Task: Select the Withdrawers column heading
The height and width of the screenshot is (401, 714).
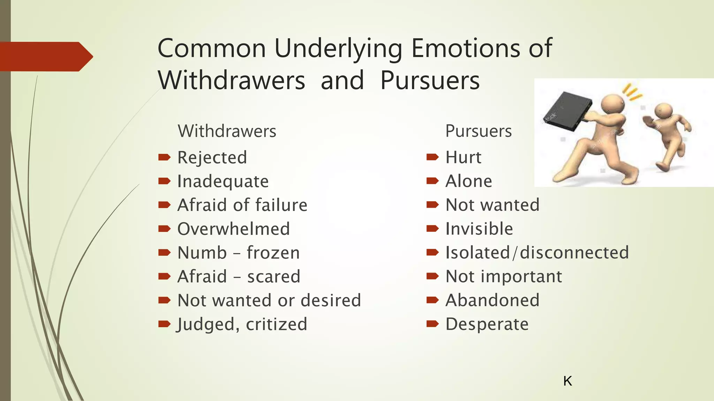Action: [x=227, y=131]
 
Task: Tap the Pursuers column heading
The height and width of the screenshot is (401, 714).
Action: [x=478, y=131]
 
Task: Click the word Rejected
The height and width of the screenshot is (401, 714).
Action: [x=212, y=157]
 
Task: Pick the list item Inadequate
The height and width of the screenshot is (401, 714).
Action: [x=223, y=181]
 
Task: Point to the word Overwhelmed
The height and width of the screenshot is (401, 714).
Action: [x=234, y=229]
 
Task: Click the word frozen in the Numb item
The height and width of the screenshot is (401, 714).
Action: [x=273, y=253]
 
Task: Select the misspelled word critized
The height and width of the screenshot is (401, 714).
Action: [x=276, y=324]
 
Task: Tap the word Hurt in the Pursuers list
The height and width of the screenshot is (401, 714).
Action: [x=463, y=157]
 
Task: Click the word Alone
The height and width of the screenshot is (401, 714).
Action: [x=469, y=181]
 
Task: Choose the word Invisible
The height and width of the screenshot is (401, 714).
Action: [x=479, y=229]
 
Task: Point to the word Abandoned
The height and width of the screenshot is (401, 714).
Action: [x=492, y=300]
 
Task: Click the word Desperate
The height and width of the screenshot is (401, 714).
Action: [x=487, y=324]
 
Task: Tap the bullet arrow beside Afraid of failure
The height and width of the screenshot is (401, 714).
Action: [x=164, y=205]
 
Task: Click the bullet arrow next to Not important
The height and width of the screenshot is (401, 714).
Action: [x=432, y=276]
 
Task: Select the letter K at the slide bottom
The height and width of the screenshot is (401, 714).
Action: [x=568, y=381]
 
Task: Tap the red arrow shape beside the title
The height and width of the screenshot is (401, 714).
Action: [x=45, y=56]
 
